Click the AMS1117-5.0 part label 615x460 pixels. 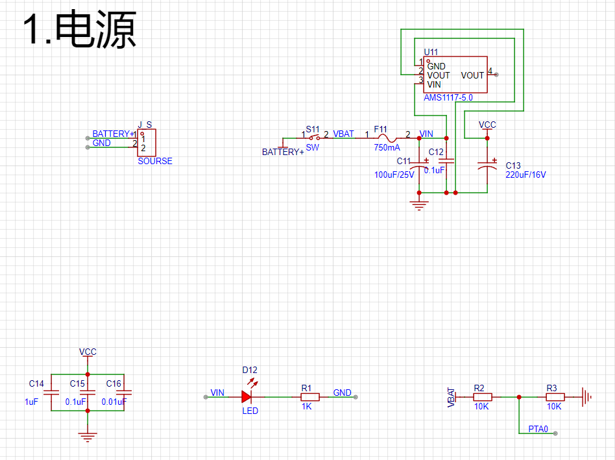pos(448,97)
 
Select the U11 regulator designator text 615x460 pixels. pos(431,52)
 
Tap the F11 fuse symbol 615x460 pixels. pos(388,138)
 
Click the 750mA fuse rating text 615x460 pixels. pos(387,147)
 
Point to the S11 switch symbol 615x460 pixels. pos(313,138)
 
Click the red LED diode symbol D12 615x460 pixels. pos(247,396)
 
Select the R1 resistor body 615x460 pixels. pos(309,396)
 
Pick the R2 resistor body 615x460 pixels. pos(482,396)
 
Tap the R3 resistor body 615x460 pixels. pos(555,396)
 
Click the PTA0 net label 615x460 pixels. pos(538,429)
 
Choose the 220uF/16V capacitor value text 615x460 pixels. pos(525,175)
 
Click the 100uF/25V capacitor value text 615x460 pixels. pos(394,175)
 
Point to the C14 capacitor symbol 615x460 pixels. pos(51,392)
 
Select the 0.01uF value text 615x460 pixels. pos(114,402)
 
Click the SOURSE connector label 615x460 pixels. pos(155,161)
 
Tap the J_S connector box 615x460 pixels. pos(147,142)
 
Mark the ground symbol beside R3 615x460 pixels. pos(585,396)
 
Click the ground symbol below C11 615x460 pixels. pos(420,206)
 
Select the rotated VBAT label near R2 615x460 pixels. pos(452,398)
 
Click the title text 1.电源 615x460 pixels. pos(79,30)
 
